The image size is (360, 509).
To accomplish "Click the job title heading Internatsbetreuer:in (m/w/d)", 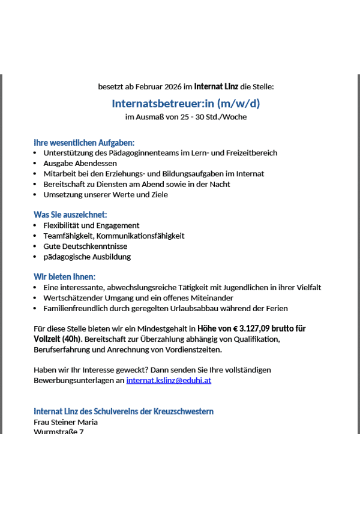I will (x=185, y=103).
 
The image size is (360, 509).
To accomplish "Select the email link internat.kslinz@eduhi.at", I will (x=169, y=380).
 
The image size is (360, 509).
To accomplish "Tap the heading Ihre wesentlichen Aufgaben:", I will (x=84, y=143).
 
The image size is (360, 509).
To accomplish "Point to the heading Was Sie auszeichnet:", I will (x=70, y=215).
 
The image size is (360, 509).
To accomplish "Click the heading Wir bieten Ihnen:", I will (x=65, y=277).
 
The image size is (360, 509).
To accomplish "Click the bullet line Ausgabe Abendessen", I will (x=80, y=163).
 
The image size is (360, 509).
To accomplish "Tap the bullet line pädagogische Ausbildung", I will (x=87, y=257).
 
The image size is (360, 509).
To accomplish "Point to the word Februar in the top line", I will (x=140, y=87).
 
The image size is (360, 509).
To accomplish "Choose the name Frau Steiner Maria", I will (x=65, y=422).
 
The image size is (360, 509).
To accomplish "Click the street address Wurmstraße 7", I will (x=59, y=431).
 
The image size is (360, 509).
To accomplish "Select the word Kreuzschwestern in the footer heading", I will (x=185, y=411).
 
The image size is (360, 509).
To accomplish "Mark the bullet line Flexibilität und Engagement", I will (x=91, y=225).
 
